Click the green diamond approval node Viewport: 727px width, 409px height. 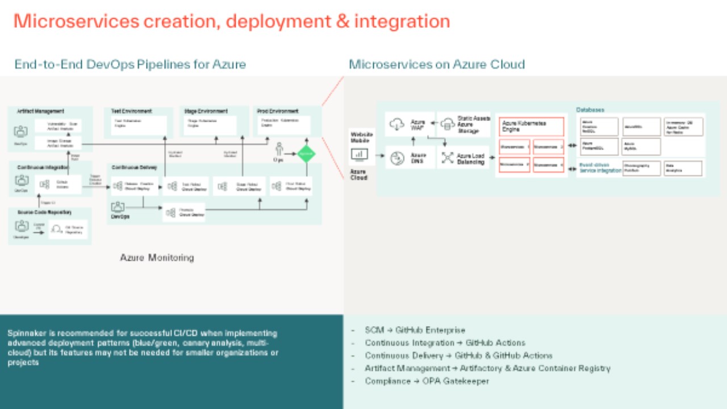coord(306,153)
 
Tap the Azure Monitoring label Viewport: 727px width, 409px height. coord(157,258)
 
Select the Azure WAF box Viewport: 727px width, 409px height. coord(410,124)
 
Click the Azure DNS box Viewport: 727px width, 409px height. coord(410,157)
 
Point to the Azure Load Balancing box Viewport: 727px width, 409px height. coord(463,158)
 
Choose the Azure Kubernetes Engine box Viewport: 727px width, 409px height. coord(531,126)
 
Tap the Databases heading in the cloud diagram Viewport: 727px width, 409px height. coord(590,110)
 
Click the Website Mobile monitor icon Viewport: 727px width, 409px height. coord(359,153)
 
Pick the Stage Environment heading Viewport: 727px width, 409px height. coord(206,111)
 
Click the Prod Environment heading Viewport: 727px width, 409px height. coord(278,111)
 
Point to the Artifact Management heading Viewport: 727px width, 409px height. coord(41,111)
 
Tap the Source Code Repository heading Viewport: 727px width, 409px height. coord(44,212)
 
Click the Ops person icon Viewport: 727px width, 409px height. coord(279,149)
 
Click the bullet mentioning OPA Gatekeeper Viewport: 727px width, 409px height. coord(427,381)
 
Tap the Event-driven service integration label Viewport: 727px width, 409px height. coord(600,168)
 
